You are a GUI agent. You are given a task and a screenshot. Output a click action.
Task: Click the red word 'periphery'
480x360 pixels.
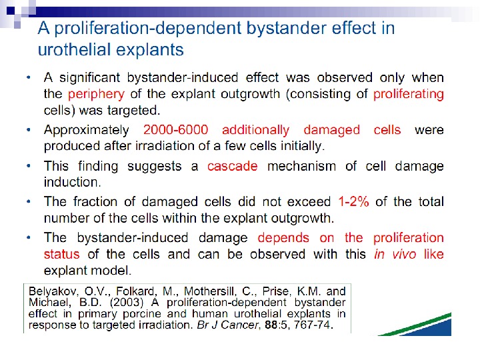coord(96,94)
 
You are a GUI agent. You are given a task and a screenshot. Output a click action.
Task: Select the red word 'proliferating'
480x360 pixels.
coord(408,94)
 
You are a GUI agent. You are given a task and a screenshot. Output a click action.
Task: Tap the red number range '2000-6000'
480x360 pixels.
coord(175,130)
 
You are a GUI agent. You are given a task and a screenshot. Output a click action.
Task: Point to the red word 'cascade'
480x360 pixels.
coord(232,166)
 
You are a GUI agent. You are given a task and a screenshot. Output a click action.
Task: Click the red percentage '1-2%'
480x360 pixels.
coord(353,202)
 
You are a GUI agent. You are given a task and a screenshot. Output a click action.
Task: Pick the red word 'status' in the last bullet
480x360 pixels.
coord(61,254)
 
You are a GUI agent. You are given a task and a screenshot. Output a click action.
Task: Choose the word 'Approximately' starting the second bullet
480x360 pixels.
coord(86,130)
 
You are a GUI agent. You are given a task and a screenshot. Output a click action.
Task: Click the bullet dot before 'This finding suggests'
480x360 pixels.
coord(29,165)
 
